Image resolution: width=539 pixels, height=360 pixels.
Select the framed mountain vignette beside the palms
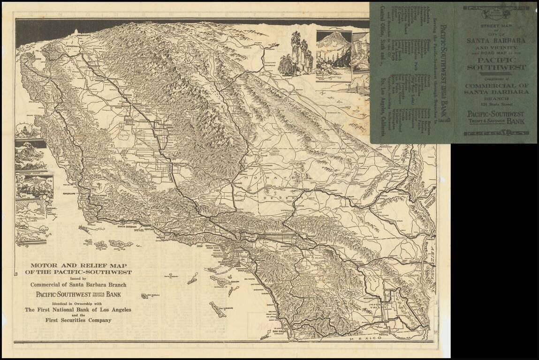[334, 56]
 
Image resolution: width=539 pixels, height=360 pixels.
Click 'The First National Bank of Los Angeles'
[78, 309]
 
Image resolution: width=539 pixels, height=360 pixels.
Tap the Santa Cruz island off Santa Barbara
[117, 244]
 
